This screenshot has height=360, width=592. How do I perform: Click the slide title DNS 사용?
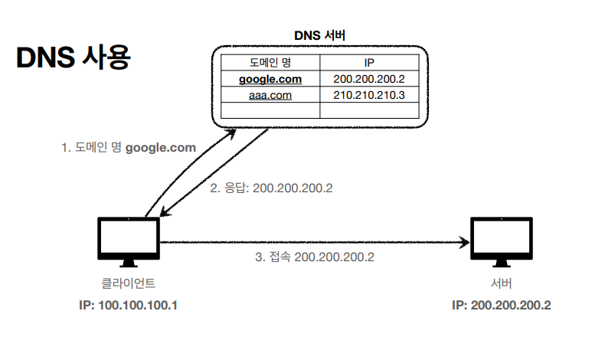click(74, 57)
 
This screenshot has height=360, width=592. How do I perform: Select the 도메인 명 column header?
click(270, 61)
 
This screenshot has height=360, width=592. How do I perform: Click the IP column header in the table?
click(368, 61)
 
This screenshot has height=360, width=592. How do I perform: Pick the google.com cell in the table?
click(270, 79)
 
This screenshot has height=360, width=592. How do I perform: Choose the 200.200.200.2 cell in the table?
click(368, 79)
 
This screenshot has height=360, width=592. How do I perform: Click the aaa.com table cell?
click(270, 95)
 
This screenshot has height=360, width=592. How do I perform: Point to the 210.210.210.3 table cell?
click(368, 95)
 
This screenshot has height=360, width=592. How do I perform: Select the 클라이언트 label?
click(129, 283)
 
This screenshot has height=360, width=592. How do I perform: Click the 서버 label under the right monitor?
click(501, 283)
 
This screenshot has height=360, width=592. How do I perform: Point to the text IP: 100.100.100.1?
click(128, 305)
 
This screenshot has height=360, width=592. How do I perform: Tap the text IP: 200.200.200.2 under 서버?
click(501, 305)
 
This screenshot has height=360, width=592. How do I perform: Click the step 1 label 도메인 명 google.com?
click(129, 148)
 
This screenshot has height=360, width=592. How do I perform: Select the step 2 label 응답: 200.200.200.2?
click(272, 187)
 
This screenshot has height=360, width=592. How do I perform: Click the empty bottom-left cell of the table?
click(270, 110)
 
